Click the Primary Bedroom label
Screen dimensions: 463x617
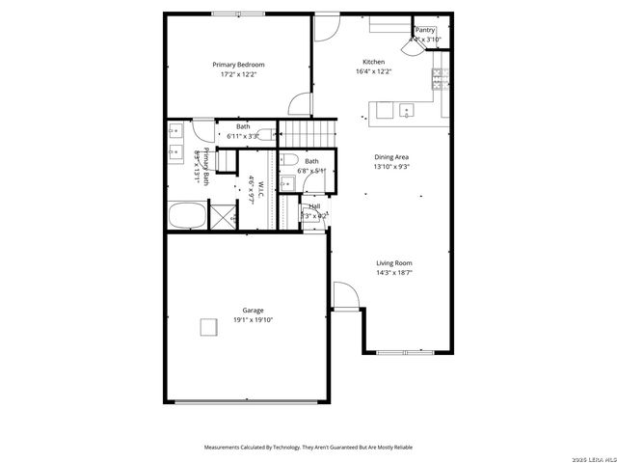pyautogui.click(x=238, y=65)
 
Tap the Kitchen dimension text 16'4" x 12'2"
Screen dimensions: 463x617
pyautogui.click(x=373, y=70)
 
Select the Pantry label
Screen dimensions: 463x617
pyautogui.click(x=425, y=30)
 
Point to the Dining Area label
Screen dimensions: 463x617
pyautogui.click(x=392, y=156)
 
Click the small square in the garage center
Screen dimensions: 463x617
pyautogui.click(x=208, y=328)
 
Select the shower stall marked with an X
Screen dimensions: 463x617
pyautogui.click(x=224, y=216)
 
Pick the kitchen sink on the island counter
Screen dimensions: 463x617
pyautogui.click(x=406, y=111)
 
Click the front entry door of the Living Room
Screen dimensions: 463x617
pyautogui.click(x=344, y=295)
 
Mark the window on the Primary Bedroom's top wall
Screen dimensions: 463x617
pyautogui.click(x=238, y=14)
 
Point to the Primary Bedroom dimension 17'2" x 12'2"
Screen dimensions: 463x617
pyautogui.click(x=238, y=74)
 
